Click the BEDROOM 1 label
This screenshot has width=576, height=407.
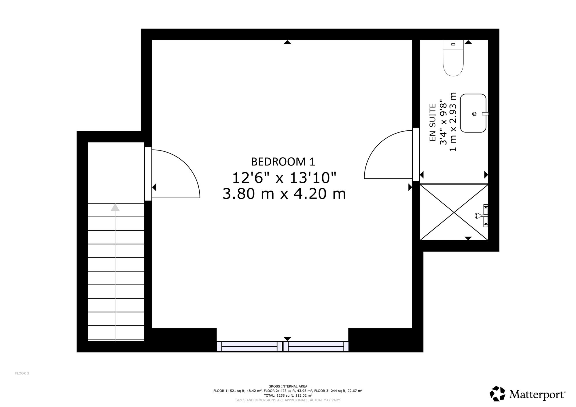coord(283,162)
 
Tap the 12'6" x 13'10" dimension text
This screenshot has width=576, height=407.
coord(284,178)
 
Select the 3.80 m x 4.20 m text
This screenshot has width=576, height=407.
coord(284,194)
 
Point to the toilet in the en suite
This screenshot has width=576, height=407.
coord(453,58)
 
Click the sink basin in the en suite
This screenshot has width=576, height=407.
coord(473,113)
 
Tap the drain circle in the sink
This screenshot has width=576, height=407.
coord(474,114)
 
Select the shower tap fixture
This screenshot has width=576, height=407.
coord(482,215)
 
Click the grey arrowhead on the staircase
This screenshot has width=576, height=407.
coord(115,207)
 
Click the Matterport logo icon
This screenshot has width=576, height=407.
coord(497,393)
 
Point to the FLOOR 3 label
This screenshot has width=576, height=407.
coord(22,373)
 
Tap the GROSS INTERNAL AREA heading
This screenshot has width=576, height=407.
coord(288,386)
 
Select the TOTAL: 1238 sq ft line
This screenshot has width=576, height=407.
coord(288,395)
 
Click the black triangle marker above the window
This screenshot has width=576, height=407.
coord(287,339)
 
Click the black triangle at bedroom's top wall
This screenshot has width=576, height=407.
coord(287,42)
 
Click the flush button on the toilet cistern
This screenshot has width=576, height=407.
coord(453,44)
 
